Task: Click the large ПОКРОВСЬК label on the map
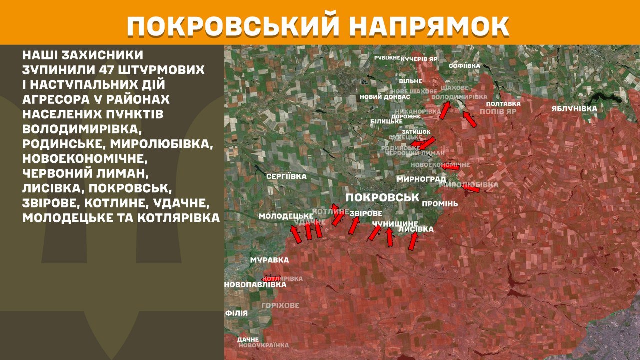(382, 197)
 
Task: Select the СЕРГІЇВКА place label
(286, 176)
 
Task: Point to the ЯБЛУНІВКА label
(574, 109)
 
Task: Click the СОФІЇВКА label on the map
(464, 66)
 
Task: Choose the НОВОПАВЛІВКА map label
(255, 285)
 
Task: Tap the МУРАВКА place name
(270, 260)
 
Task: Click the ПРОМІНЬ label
(440, 204)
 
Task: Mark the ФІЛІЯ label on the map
(237, 313)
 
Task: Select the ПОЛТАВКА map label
(503, 104)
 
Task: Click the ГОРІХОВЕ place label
(280, 305)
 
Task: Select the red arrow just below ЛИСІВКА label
(412, 242)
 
